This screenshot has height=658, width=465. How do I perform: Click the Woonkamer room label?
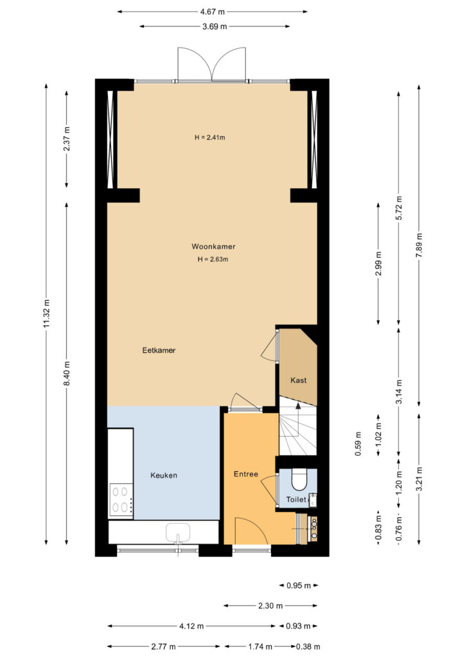pyautogui.click(x=213, y=246)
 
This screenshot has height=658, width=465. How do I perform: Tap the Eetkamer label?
pyautogui.click(x=159, y=350)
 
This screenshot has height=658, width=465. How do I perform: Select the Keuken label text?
pyautogui.click(x=164, y=475)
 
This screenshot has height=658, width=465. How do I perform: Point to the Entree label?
pyautogui.click(x=246, y=474)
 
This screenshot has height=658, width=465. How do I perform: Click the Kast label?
pyautogui.click(x=299, y=380)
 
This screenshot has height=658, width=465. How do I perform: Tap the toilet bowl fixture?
pyautogui.click(x=299, y=479)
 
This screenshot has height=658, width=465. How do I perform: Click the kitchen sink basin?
pyautogui.click(x=178, y=533)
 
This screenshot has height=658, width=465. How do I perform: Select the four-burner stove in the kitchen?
pyautogui.click(x=121, y=499)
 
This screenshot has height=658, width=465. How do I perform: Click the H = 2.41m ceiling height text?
pyautogui.click(x=209, y=138)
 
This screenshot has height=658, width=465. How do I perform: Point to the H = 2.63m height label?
pyautogui.click(x=213, y=260)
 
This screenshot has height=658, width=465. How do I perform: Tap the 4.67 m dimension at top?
pyautogui.click(x=212, y=12)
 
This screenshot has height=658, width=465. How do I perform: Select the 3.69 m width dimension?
pyautogui.click(x=215, y=26)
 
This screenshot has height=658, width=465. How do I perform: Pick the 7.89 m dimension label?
pyautogui.click(x=419, y=245)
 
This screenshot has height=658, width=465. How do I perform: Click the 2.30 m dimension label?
pyautogui.click(x=270, y=605)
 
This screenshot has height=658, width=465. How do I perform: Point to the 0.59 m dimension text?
pyautogui.click(x=358, y=444)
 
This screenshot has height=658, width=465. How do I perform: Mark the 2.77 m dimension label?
pyautogui.click(x=164, y=646)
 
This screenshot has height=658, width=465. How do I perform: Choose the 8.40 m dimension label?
pyautogui.click(x=67, y=373)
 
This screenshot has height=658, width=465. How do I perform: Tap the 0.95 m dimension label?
pyautogui.click(x=299, y=585)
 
